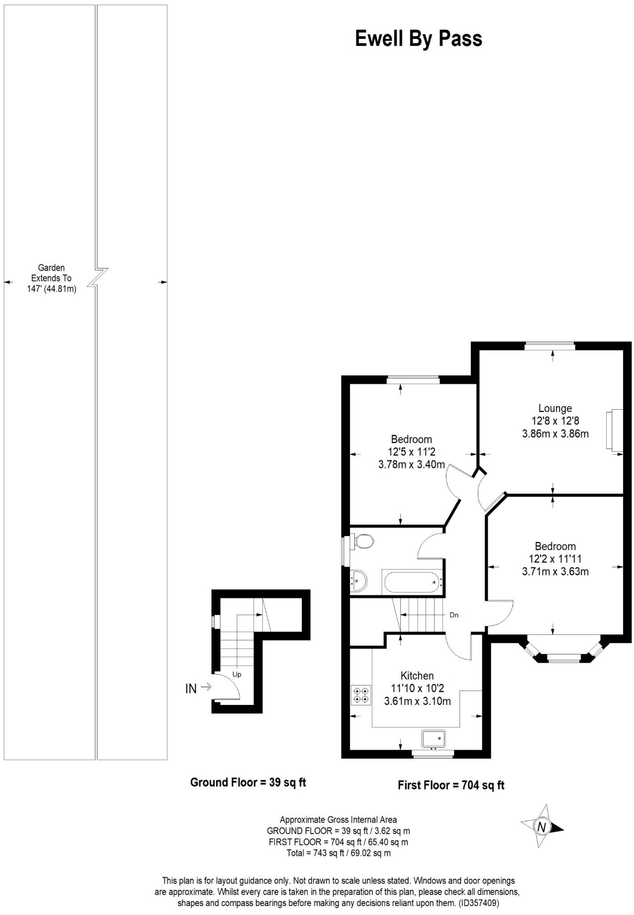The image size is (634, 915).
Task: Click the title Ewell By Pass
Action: click(418, 39)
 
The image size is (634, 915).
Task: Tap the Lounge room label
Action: click(555, 408)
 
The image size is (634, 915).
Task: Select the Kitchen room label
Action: click(417, 676)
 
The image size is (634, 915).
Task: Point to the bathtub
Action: click(412, 582)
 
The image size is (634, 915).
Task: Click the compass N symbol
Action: click(542, 827)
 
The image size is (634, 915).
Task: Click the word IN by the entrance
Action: click(191, 688)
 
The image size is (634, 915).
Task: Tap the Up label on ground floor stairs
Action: click(237, 674)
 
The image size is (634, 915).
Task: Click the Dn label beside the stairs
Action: click(454, 615)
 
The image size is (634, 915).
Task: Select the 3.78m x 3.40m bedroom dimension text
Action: click(411, 464)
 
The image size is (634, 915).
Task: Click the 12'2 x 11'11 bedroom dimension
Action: click(555, 558)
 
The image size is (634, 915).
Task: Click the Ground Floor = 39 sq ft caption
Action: click(248, 782)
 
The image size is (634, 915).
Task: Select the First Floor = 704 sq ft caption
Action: click(451, 785)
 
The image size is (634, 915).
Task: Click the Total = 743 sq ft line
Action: click(338, 852)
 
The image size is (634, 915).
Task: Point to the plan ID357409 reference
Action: click(478, 903)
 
